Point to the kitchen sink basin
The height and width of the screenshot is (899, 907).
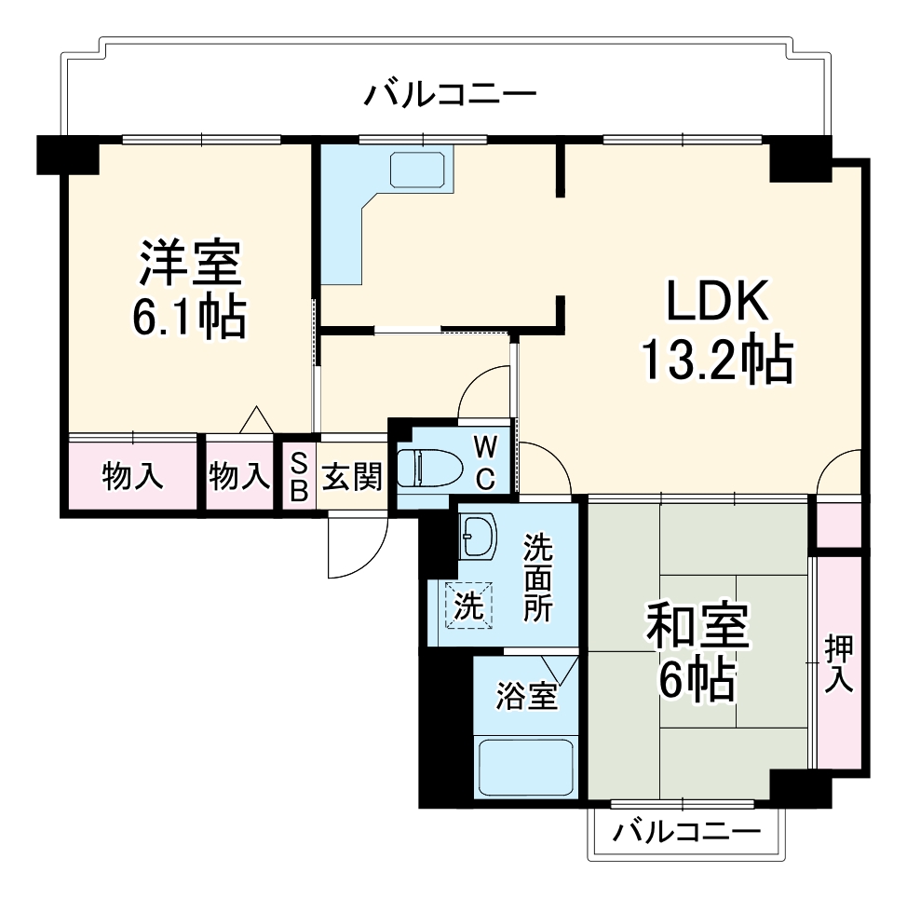click(x=419, y=170)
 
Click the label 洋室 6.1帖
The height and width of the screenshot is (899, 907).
click(x=191, y=291)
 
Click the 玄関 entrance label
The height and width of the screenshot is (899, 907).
click(x=352, y=477)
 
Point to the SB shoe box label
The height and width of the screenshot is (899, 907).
click(x=299, y=477)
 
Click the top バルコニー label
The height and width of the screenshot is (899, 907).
click(x=451, y=95)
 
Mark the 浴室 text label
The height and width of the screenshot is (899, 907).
click(x=526, y=695)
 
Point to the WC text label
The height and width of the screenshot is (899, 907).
click(x=486, y=461)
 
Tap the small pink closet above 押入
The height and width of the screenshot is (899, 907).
click(x=838, y=523)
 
